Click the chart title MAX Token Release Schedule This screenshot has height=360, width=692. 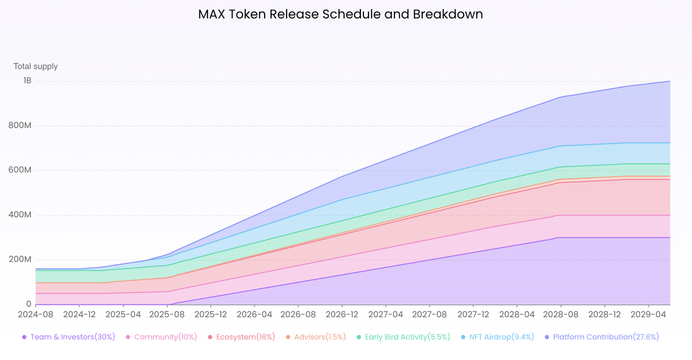coord(340,14)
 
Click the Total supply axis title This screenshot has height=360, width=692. coord(36,66)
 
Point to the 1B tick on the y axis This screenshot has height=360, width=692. coord(27,81)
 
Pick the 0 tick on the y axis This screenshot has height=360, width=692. coord(29,304)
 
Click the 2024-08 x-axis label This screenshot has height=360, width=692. coord(35,315)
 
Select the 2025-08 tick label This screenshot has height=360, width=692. coord(167,315)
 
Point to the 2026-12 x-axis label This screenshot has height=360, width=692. coord(342,315)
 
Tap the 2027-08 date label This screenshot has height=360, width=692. coord(430,315)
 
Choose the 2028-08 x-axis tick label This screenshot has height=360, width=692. coord(561,315)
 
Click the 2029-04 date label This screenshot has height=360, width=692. coord(649,315)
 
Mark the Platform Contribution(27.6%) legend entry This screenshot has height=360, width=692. coord(605,337)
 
